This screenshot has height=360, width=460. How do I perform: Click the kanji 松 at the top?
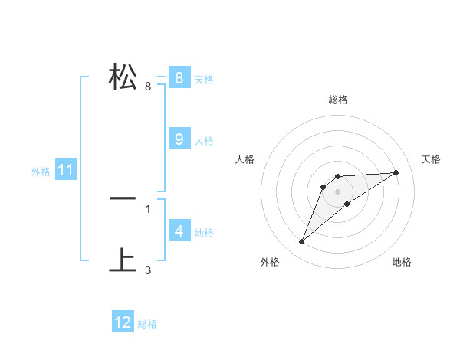coord(123,77)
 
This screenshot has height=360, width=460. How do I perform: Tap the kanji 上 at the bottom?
coord(123,260)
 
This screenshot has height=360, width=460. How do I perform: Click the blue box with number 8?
coord(179,77)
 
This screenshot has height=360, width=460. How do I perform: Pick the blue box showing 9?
coord(179,139)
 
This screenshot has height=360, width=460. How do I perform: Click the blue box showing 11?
coord(65,170)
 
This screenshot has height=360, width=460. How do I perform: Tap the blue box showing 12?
coord(123,322)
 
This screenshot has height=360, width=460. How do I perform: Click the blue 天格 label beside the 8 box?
coord(204,79)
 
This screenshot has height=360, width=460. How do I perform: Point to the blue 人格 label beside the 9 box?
coord(204,141)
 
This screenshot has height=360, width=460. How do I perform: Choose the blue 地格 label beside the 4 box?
coord(204,232)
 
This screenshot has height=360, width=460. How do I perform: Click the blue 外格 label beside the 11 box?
coord(41,172)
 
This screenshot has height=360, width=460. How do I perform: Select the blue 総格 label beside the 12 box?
coord(147,324)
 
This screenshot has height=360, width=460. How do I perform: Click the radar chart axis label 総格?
coord(338,100)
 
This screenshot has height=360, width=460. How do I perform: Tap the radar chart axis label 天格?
coord(431,159)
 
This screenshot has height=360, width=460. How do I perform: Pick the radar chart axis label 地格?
coord(402,262)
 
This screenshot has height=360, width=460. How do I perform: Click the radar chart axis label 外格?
coord(270,262)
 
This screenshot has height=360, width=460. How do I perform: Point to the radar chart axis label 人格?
coord(245,159)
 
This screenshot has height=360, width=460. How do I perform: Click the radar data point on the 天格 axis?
coord(396,172)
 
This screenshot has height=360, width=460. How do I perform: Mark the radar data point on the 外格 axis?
coord(302,242)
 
